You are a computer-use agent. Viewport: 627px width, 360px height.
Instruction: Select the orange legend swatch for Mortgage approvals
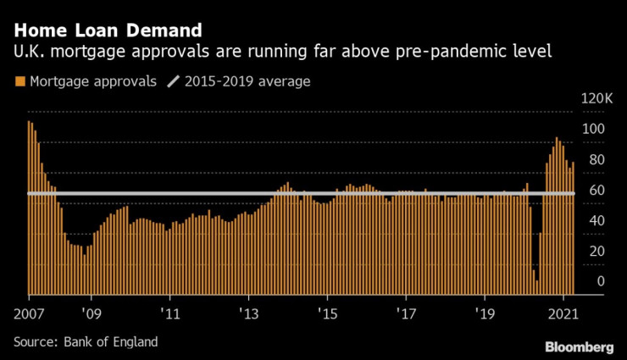[x=19, y=82]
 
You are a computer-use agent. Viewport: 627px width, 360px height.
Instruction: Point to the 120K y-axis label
[x=596, y=100]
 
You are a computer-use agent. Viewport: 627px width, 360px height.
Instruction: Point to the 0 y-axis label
[x=600, y=281]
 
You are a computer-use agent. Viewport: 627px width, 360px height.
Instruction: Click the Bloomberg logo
[x=580, y=346]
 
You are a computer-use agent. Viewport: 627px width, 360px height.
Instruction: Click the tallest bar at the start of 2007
[x=29, y=208]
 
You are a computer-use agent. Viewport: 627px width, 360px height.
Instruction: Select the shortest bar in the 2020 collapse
[x=537, y=287]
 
